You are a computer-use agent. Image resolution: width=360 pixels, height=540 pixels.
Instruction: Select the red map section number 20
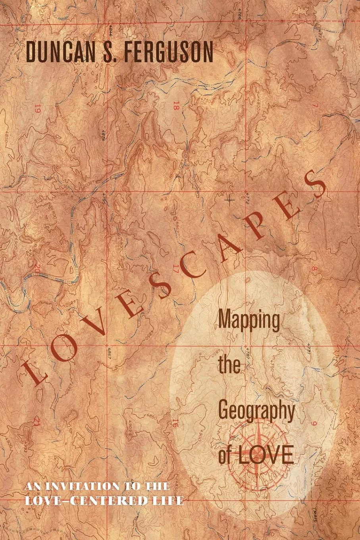point(37,269)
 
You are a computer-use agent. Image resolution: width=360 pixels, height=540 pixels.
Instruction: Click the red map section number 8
point(316,269)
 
